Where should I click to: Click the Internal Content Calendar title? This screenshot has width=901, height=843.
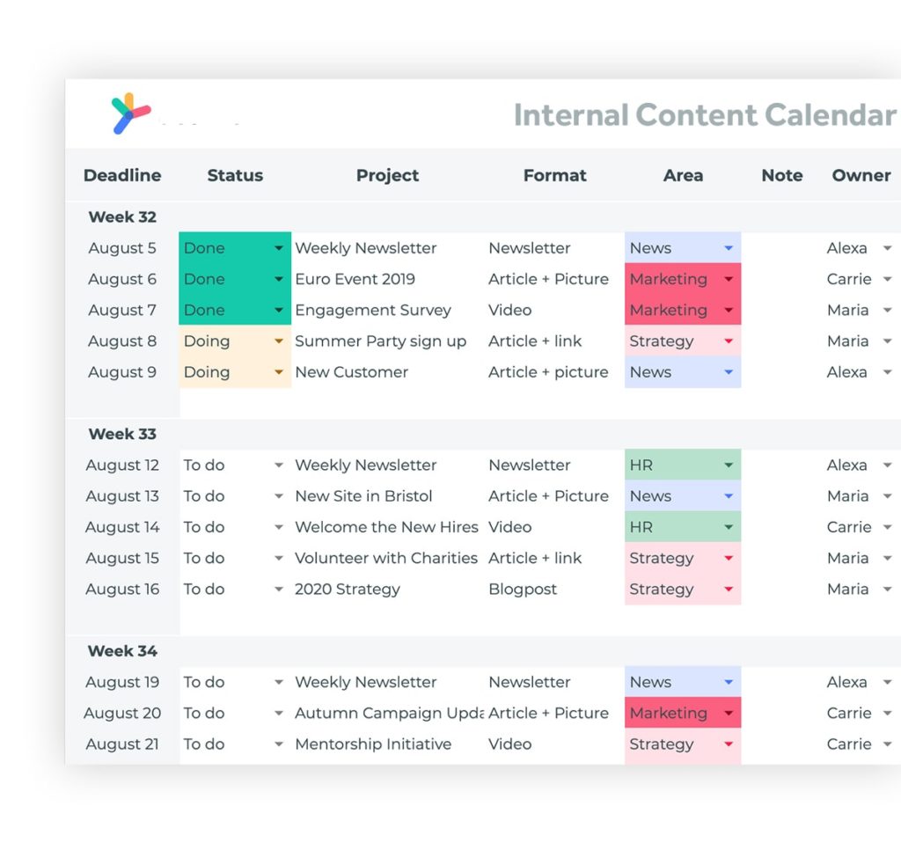(704, 115)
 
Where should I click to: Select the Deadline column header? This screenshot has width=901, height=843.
(122, 175)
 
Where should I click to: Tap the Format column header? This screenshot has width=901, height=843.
(554, 175)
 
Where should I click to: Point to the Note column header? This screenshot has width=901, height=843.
(781, 175)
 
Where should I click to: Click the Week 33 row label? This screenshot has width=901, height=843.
(122, 434)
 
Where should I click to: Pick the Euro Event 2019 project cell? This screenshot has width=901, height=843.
(355, 279)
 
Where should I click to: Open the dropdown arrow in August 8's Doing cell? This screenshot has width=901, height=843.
(279, 341)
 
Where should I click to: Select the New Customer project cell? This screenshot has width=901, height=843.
(351, 372)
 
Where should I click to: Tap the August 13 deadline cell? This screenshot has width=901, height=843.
(122, 496)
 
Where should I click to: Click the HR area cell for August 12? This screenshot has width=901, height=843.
(682, 465)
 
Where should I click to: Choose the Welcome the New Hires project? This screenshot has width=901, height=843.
(386, 527)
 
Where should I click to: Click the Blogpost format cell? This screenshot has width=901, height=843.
(523, 590)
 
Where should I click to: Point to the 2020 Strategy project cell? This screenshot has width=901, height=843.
(348, 590)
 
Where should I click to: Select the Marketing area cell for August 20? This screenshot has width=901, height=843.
(682, 713)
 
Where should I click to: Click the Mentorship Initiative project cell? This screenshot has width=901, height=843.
(373, 744)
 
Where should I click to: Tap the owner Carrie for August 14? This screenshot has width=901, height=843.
(849, 527)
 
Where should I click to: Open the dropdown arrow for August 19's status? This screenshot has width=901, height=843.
(279, 682)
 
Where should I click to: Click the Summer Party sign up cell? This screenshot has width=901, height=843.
(380, 341)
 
